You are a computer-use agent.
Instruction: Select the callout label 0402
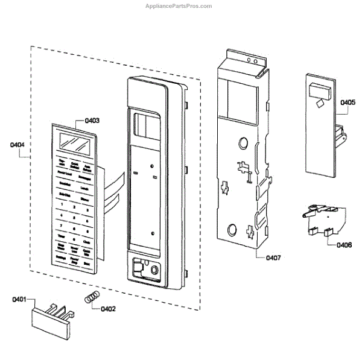(x=109, y=309)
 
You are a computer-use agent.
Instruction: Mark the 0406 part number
(x=345, y=244)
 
